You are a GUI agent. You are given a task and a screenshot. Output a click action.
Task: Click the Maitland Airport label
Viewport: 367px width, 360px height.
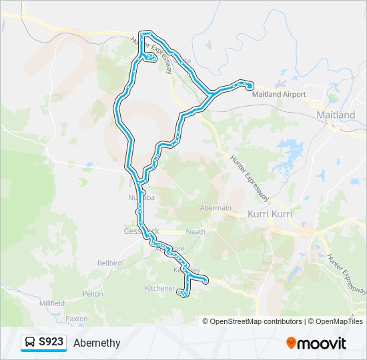[279, 94]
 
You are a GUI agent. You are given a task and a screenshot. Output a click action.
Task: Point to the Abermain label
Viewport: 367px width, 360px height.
[216, 208]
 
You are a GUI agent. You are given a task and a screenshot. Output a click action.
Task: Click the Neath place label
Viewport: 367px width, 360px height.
[196, 232]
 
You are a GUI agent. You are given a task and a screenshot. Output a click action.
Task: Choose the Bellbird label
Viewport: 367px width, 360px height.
[109, 263]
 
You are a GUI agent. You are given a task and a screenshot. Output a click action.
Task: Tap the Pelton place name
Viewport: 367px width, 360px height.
[93, 293]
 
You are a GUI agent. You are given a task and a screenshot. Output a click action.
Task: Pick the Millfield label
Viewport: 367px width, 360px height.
[51, 303]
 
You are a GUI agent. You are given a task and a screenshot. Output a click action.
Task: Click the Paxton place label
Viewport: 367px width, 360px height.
[77, 319]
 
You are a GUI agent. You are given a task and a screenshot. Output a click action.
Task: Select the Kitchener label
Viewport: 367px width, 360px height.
[159, 288]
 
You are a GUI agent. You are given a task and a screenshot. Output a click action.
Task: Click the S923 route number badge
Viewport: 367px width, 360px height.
[51, 343]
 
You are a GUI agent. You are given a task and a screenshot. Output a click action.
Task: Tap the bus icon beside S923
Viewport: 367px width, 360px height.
[30, 343]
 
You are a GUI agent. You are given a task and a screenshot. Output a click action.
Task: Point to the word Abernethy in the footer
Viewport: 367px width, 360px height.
[97, 343]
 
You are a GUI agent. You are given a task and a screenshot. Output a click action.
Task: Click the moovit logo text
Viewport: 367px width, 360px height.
[322, 343]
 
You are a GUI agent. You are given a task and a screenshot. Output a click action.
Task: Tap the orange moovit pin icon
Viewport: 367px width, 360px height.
[291, 343]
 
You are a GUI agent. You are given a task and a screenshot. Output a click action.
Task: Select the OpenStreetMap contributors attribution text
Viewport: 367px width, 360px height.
[256, 321]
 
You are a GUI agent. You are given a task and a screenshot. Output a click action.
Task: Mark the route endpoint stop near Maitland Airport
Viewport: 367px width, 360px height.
[250, 86]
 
